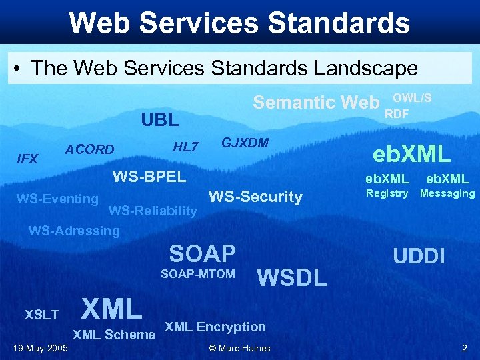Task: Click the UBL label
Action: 160,120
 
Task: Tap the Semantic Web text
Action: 316,103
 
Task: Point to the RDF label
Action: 397,114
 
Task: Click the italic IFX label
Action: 27,159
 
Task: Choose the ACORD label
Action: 89,150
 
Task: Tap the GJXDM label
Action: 245,143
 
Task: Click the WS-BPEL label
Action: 149,177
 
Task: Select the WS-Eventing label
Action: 57,199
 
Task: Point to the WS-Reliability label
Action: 153,211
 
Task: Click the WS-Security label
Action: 255,197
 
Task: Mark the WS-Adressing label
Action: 74,231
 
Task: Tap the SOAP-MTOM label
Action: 198,274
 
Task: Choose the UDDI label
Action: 419,256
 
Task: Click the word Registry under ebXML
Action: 387,193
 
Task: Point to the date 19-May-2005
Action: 40,348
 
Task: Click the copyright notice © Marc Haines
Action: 239,348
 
